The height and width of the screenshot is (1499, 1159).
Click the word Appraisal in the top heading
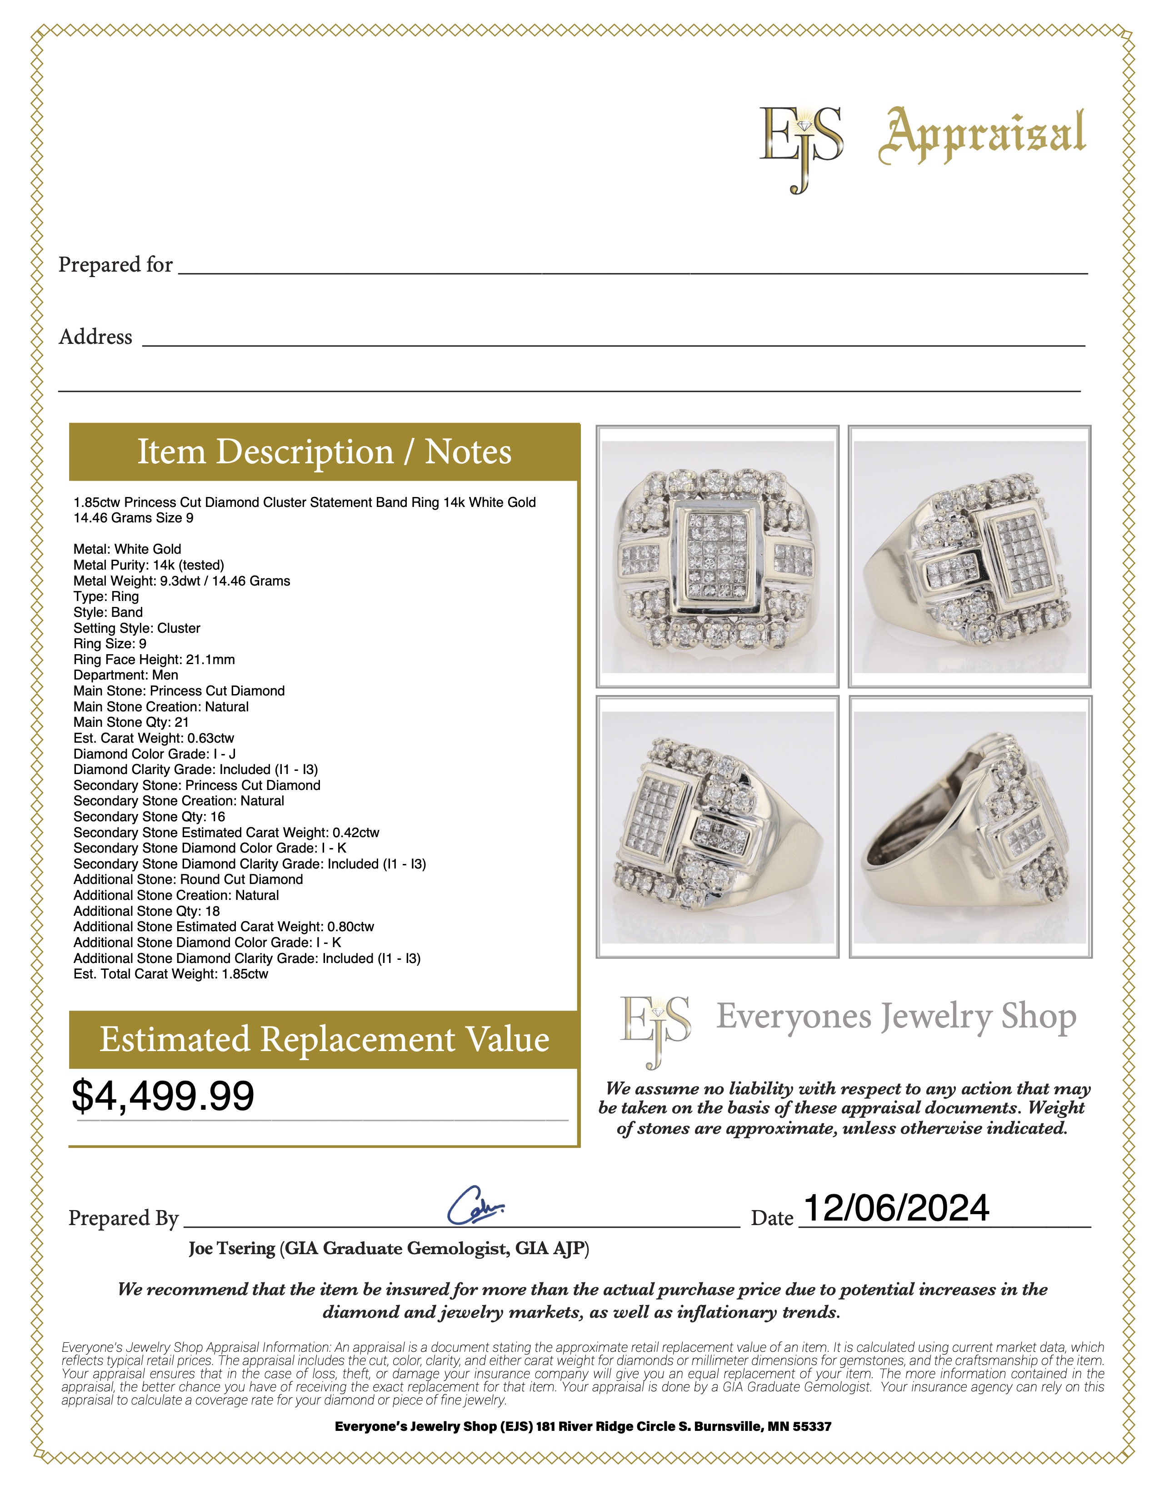click(x=982, y=137)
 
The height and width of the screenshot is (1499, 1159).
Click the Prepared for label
click(x=115, y=265)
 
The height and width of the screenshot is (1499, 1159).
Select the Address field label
click(x=95, y=337)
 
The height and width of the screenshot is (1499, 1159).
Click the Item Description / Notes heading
click(x=324, y=452)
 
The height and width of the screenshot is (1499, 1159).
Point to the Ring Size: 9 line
click(x=110, y=644)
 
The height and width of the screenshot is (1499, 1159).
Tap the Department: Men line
click(x=125, y=675)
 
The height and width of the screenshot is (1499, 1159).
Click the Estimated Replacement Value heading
click(x=324, y=1039)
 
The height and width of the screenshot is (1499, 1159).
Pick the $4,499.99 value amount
click(x=164, y=1096)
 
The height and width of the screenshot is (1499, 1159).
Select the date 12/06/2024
click(x=895, y=1208)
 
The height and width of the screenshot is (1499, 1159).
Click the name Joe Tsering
click(x=232, y=1248)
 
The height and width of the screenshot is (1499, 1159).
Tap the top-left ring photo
click(x=718, y=556)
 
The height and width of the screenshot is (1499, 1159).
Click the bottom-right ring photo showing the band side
click(x=970, y=827)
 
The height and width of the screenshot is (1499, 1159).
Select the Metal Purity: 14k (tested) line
click(x=149, y=565)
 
